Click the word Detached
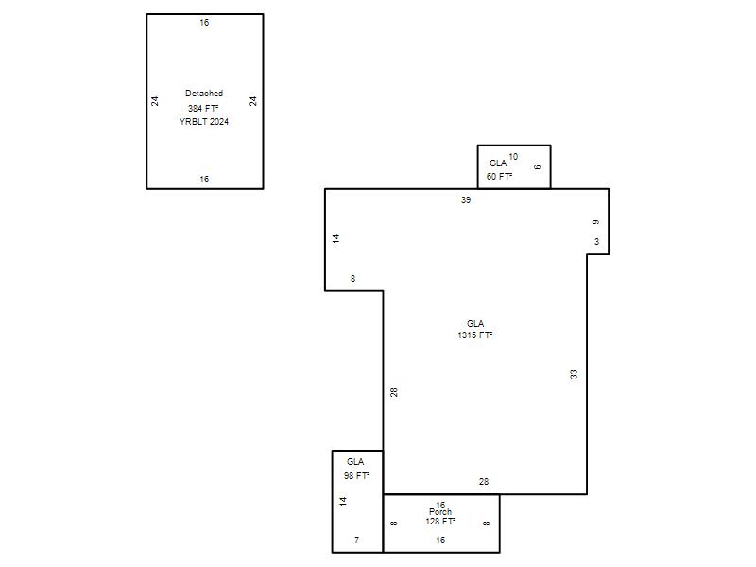coord(204,93)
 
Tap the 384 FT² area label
coord(203,108)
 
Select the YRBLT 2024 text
coord(204,122)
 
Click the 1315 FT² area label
coord(475,335)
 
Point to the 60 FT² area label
coord(499,177)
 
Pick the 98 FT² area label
coord(356,476)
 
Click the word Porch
coord(440,512)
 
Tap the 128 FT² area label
coord(440,522)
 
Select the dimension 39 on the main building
coord(466,199)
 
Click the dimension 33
coord(574,374)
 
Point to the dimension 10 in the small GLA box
coord(513,157)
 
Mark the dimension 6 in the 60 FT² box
coord(537,167)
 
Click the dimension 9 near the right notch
coord(596,222)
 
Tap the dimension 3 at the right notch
coord(597,242)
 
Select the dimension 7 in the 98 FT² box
coord(357,540)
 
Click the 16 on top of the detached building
coord(204,22)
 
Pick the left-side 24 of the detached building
coord(154,101)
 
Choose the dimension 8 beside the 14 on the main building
coord(352,278)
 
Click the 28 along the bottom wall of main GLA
coord(484,481)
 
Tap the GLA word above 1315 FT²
coord(475,323)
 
